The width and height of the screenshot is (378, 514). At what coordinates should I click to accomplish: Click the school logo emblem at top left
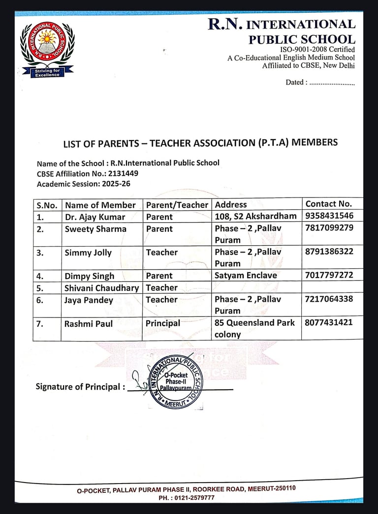pyautogui.click(x=47, y=49)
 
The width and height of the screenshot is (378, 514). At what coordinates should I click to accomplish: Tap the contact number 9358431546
pyautogui.click(x=329, y=216)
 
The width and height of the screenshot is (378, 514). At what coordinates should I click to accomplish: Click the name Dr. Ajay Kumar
pyautogui.click(x=95, y=217)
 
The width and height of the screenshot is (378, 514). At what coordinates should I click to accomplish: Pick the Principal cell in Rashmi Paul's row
pyautogui.click(x=163, y=323)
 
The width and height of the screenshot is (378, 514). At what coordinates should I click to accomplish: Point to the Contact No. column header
pyautogui.click(x=329, y=204)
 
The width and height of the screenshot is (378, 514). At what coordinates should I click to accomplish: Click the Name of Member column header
pyautogui.click(x=100, y=205)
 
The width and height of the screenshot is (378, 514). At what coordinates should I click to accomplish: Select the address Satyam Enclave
pyautogui.click(x=246, y=276)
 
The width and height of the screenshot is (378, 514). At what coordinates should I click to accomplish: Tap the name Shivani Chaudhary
pyautogui.click(x=102, y=288)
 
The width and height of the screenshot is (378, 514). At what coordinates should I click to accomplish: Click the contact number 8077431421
pyautogui.click(x=329, y=323)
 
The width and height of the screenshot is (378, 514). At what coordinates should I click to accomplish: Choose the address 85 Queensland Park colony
pyautogui.click(x=254, y=328)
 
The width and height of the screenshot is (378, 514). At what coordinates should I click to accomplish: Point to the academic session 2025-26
pyautogui.click(x=116, y=184)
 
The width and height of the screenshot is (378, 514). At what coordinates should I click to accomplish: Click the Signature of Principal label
pyautogui.click(x=78, y=387)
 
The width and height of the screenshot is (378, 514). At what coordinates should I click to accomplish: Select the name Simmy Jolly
pyautogui.click(x=88, y=253)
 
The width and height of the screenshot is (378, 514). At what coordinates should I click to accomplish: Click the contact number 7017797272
pyautogui.click(x=329, y=275)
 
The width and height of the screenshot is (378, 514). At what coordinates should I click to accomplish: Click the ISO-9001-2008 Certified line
pyautogui.click(x=317, y=50)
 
